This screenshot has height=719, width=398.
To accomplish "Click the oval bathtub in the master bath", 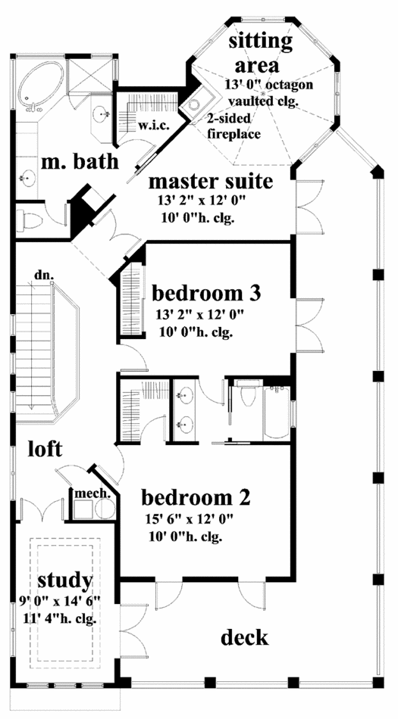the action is coord(40,87).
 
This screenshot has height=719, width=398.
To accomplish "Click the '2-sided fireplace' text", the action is coord(233,126).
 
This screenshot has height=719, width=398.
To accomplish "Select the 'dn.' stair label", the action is coord(40,276).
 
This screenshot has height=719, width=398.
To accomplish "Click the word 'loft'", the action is coord(45,450).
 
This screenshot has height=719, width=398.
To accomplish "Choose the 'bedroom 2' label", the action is coord(196,498).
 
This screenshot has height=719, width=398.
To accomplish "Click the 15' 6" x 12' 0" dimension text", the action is coord(190,520).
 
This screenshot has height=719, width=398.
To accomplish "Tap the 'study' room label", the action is coord(64,581).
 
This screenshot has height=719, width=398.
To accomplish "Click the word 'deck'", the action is coord(245,637).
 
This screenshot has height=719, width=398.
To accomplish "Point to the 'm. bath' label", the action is coord(79,162).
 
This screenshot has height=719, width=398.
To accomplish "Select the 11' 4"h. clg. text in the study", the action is coord(60,620).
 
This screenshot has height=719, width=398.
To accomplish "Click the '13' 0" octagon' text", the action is coord(269,85).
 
